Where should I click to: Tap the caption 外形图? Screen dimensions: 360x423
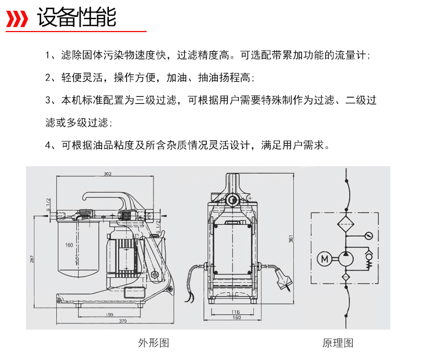pyautogui.click(x=153, y=343)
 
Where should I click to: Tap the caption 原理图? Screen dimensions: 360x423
pyautogui.click(x=338, y=343)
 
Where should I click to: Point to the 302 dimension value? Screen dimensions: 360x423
pyautogui.click(x=108, y=174)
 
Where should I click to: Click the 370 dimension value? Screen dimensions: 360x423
pyautogui.click(x=122, y=321)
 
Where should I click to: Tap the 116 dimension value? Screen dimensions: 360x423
pyautogui.click(x=236, y=312)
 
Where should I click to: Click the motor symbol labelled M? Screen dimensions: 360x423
pyautogui.click(x=324, y=259)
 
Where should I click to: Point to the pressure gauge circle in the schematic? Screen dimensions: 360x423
pyautogui.click(x=368, y=236)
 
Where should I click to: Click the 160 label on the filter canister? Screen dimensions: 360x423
pyautogui.click(x=69, y=245)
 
